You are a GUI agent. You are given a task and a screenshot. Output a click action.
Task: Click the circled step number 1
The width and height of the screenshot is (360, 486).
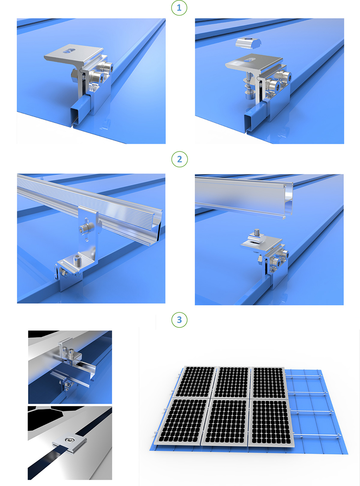(179, 8)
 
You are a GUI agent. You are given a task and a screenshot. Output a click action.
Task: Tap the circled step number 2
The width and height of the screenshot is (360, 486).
(179, 159)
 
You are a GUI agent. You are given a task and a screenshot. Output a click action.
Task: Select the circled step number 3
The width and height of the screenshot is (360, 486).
(179, 320)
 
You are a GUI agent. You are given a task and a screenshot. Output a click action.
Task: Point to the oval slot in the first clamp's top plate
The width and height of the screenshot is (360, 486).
(68, 50)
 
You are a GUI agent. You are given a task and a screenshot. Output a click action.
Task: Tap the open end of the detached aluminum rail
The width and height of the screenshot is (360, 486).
(288, 201)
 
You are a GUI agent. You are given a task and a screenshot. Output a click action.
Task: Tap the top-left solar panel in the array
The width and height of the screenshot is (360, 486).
(195, 382)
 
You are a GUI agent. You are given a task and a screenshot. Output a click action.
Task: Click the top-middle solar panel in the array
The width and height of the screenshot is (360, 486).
(232, 383)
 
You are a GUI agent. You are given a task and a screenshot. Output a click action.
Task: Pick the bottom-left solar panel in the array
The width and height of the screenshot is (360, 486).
(182, 421)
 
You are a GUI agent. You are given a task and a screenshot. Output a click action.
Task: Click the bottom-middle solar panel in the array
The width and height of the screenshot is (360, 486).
(226, 422)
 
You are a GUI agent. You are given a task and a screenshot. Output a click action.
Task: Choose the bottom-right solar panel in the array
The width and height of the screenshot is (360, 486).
(270, 423)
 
